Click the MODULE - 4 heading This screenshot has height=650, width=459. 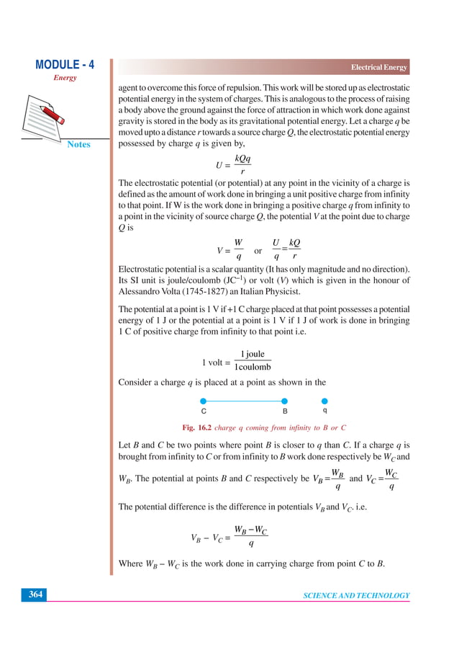point(64,66)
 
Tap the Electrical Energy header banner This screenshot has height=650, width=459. point(378,68)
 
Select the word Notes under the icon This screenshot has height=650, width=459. point(78,144)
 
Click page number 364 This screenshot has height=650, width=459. point(35,595)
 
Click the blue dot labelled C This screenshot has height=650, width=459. point(204,400)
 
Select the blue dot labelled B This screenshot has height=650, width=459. point(285,400)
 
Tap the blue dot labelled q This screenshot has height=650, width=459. point(324,400)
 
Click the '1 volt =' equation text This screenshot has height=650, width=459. point(217,362)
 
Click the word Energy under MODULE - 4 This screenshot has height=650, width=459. point(64,78)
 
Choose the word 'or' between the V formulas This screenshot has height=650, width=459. point(258,251)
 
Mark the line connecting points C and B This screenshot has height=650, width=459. point(244,400)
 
